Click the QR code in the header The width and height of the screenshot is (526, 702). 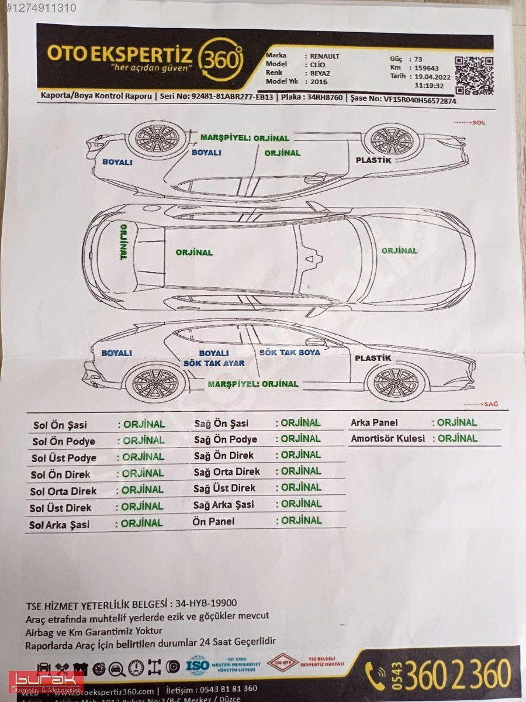pyautogui.click(x=474, y=75)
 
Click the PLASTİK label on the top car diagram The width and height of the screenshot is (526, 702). pyautogui.click(x=373, y=160)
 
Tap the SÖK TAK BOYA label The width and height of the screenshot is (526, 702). pyautogui.click(x=290, y=352)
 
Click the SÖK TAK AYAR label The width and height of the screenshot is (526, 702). pyautogui.click(x=214, y=363)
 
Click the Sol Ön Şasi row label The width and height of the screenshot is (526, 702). pyautogui.click(x=60, y=425)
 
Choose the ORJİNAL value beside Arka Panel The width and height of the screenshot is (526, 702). pyautogui.click(x=457, y=422)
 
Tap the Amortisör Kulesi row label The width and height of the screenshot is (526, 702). pyautogui.click(x=387, y=438)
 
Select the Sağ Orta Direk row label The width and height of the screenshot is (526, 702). pyautogui.click(x=227, y=472)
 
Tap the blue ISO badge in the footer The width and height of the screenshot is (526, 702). pyautogui.click(x=197, y=665)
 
